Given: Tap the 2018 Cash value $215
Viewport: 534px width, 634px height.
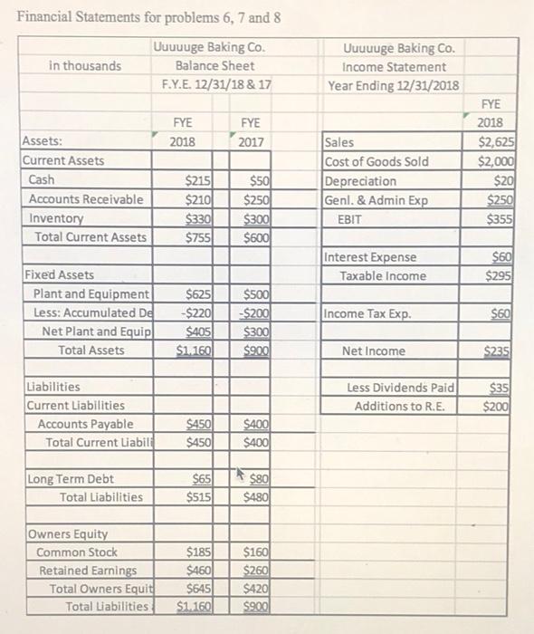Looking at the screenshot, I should tap(199, 180).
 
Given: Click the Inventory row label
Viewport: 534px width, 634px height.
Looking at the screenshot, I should tap(56, 218).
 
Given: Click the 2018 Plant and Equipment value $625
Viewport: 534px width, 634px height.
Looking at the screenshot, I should tap(199, 293).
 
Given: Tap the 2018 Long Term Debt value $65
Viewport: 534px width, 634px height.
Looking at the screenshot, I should tap(202, 478).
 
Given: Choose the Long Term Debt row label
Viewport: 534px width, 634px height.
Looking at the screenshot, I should tap(71, 478).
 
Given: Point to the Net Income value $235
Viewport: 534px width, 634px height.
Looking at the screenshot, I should tap(499, 351).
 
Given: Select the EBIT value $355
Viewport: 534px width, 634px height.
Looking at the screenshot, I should tap(499, 218).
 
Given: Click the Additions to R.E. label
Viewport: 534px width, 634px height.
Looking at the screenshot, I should tap(398, 406).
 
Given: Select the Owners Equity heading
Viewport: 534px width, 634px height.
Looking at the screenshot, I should tap(68, 533).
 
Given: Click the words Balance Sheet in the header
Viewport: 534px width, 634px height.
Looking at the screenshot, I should tap(215, 66).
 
